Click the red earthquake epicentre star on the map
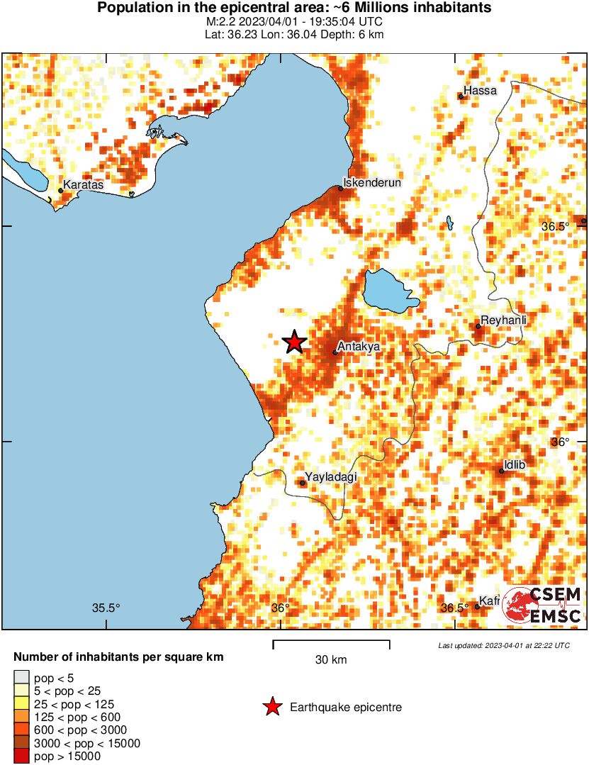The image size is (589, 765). [x=294, y=342]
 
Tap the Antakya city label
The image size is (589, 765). [x=359, y=347]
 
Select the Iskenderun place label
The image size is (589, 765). [x=372, y=183]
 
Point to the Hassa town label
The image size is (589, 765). [x=480, y=91]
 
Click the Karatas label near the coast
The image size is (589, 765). [x=83, y=185]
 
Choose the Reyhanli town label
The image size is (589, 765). [x=504, y=321]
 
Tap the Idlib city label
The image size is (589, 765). [x=514, y=465]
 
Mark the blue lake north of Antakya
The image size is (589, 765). [x=388, y=291]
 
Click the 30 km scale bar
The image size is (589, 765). [x=331, y=644]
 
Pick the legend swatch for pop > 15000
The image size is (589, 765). [x=21, y=756]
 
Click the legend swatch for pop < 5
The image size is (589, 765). [x=21, y=679]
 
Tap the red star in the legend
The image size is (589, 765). [x=271, y=707]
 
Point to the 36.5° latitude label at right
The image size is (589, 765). [x=555, y=226]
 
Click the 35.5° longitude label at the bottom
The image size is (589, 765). [x=106, y=608]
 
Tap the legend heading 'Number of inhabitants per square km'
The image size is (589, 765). [x=118, y=657]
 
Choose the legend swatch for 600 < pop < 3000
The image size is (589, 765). [x=21, y=730]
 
